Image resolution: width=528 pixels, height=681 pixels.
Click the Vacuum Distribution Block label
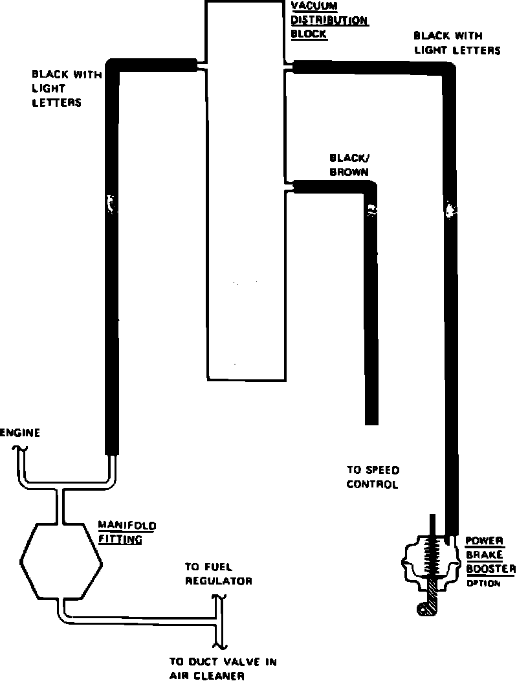click(329, 20)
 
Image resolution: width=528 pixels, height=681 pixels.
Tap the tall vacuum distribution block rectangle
click(245, 194)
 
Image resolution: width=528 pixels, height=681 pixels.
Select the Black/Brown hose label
click(349, 165)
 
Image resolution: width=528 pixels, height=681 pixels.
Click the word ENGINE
click(20, 433)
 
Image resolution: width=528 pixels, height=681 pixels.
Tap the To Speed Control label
click(373, 477)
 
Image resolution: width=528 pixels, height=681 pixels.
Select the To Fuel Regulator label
click(218, 574)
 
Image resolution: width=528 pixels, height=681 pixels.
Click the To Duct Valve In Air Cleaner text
click(223, 669)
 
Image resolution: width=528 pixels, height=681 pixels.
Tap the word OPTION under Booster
click(483, 583)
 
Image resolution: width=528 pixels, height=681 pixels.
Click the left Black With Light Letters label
click(66, 88)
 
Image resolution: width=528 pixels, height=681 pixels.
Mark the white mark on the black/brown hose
click(371, 210)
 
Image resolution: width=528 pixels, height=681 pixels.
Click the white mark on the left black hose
click(111, 204)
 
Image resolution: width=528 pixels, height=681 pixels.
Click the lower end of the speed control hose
click(371, 419)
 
